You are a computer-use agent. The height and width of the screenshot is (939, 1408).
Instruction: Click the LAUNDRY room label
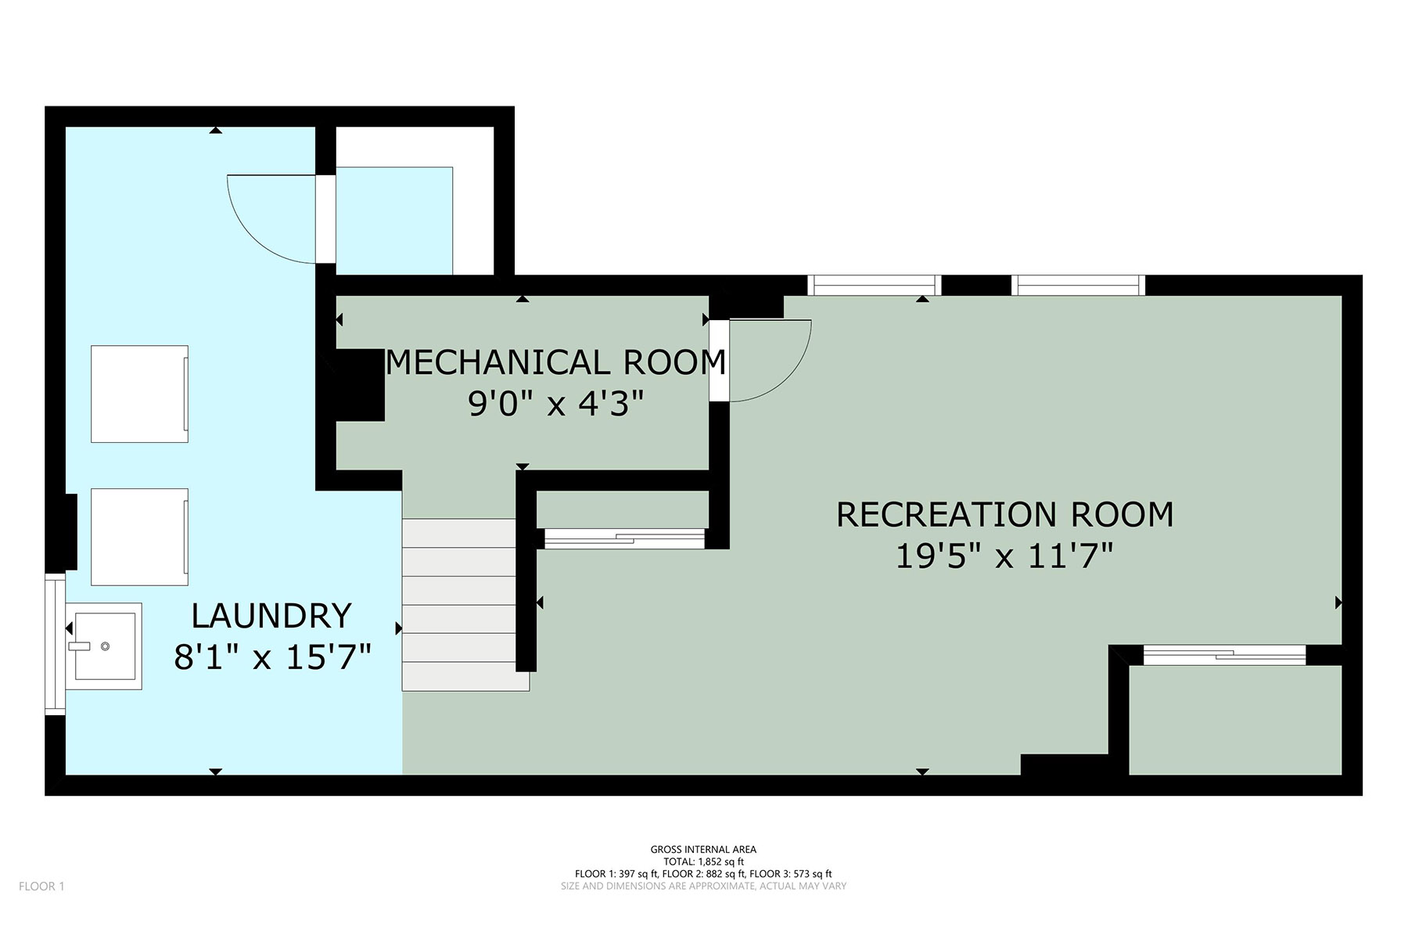pyautogui.click(x=271, y=616)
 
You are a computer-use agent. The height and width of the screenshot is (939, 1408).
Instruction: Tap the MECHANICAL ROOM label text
pyautogui.click(x=556, y=362)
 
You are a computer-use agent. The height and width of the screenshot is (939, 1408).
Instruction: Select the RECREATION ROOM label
pyautogui.click(x=1005, y=514)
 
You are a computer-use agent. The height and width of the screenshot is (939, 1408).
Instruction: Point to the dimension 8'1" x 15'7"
pyautogui.click(x=271, y=657)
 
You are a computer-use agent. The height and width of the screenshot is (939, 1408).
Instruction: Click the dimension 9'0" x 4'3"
pyautogui.click(x=556, y=404)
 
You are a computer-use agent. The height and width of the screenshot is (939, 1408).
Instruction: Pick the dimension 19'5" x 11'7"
pyautogui.click(x=1004, y=556)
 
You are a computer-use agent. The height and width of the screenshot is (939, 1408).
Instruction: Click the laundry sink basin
pyautogui.click(x=103, y=646)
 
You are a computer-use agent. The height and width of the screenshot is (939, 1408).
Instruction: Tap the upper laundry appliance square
pyautogui.click(x=139, y=394)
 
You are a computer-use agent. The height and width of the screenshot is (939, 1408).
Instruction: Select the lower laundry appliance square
pyautogui.click(x=139, y=537)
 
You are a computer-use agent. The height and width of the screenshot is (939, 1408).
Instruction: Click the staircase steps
pyautogui.click(x=465, y=604)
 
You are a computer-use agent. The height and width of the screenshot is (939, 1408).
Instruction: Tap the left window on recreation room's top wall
pyautogui.click(x=874, y=285)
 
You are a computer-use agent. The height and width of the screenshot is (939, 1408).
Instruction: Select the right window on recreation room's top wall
pyautogui.click(x=1078, y=285)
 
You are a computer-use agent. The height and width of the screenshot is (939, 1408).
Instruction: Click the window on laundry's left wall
pyautogui.click(x=55, y=644)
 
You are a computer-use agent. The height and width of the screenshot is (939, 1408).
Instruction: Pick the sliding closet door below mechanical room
pyautogui.click(x=624, y=538)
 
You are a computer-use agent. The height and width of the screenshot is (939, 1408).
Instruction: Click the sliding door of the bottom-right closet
pyautogui.click(x=1224, y=655)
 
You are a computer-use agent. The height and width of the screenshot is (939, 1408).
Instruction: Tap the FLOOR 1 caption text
pyautogui.click(x=41, y=887)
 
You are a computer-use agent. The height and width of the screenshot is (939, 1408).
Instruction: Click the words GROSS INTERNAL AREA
pyautogui.click(x=703, y=849)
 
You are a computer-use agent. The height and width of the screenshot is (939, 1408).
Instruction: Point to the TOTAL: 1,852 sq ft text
pyautogui.click(x=703, y=862)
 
